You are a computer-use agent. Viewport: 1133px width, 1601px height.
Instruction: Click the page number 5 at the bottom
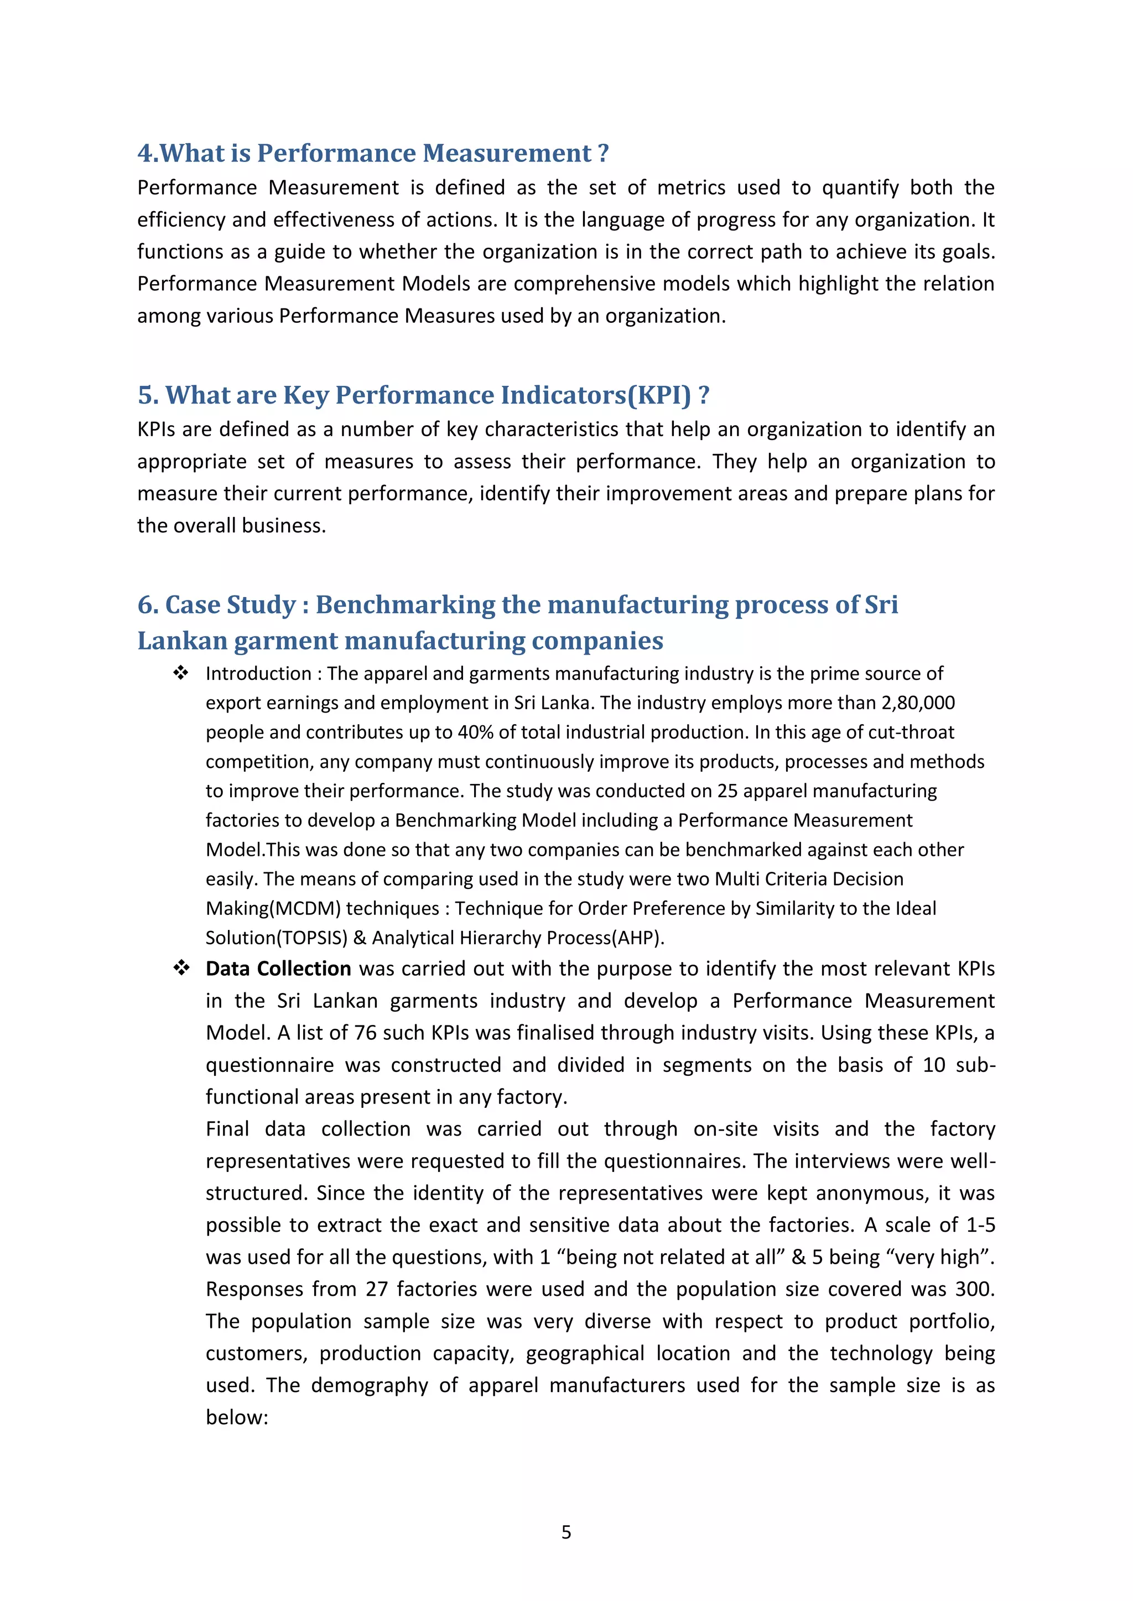coord(566,1532)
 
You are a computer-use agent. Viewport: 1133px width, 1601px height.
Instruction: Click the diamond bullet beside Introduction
coord(181,673)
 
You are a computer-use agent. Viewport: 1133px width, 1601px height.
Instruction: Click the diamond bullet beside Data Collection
coord(181,968)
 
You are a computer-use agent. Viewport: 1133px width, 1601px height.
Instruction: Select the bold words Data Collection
coord(278,969)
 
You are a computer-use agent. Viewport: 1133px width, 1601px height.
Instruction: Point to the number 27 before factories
coord(376,1289)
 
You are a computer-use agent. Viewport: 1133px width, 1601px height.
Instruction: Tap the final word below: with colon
coord(237,1417)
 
